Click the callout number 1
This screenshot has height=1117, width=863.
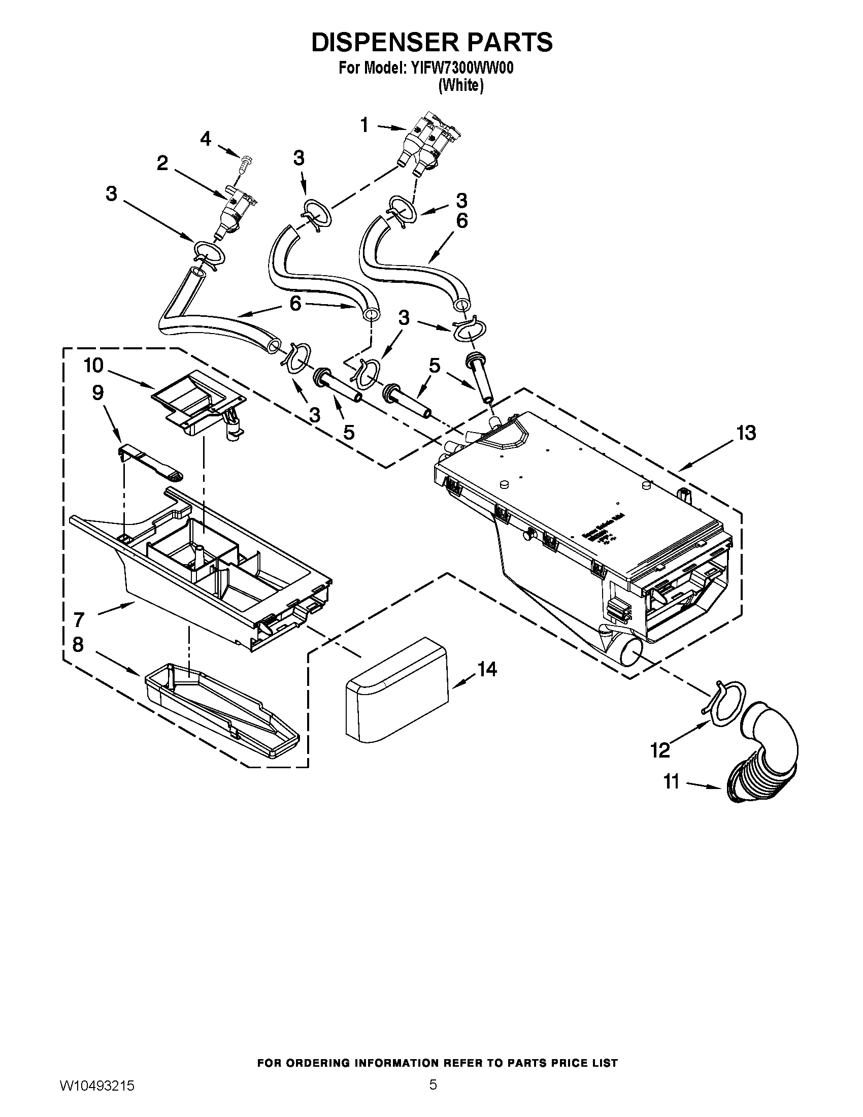(364, 125)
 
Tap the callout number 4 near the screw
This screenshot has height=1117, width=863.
(206, 139)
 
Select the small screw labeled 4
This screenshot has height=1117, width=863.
(247, 165)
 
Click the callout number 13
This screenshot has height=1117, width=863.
(746, 433)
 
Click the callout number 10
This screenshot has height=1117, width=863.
(93, 366)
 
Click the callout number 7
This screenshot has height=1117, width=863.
(78, 620)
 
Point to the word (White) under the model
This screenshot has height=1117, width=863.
(460, 85)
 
